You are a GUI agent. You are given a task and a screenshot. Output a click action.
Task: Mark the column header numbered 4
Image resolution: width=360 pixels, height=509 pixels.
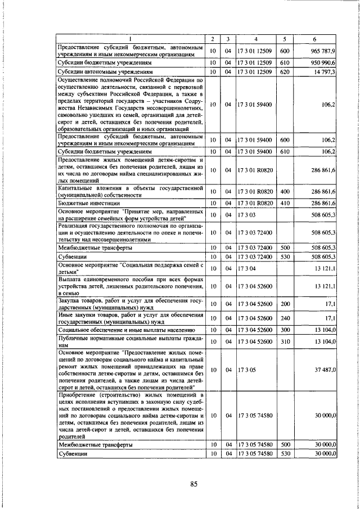[255, 39]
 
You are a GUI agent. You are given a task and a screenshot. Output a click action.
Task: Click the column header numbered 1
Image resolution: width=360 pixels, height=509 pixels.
[130, 39]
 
